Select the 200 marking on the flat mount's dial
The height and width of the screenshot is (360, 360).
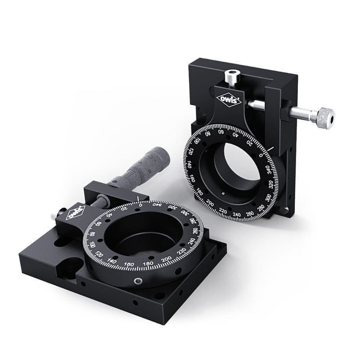click(166, 260)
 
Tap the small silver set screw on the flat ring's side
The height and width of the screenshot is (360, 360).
click(138, 281)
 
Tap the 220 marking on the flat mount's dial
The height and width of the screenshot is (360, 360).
click(182, 252)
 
